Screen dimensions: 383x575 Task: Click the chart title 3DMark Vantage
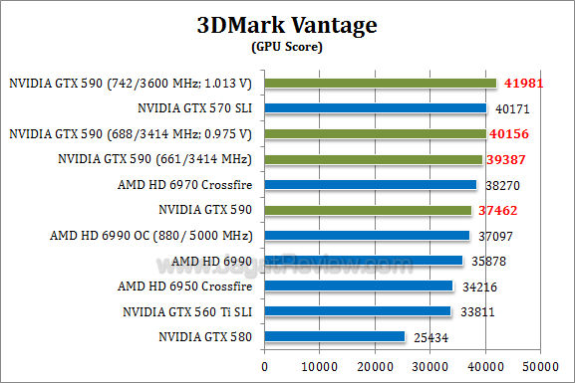click(288, 25)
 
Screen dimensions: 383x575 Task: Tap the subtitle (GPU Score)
click(288, 46)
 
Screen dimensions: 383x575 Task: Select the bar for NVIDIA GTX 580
click(335, 337)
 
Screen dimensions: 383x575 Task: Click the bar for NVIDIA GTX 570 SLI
click(375, 108)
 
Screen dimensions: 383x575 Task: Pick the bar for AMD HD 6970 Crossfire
click(370, 185)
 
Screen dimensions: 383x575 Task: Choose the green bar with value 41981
click(380, 83)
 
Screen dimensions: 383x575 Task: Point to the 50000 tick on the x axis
click(540, 366)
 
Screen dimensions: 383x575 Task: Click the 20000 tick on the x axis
click(375, 366)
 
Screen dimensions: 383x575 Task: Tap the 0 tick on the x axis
click(264, 366)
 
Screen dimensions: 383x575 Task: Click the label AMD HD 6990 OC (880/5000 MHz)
click(150, 236)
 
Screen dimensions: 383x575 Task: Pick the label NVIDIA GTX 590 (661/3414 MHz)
click(155, 159)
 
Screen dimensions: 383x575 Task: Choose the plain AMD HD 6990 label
click(211, 261)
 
